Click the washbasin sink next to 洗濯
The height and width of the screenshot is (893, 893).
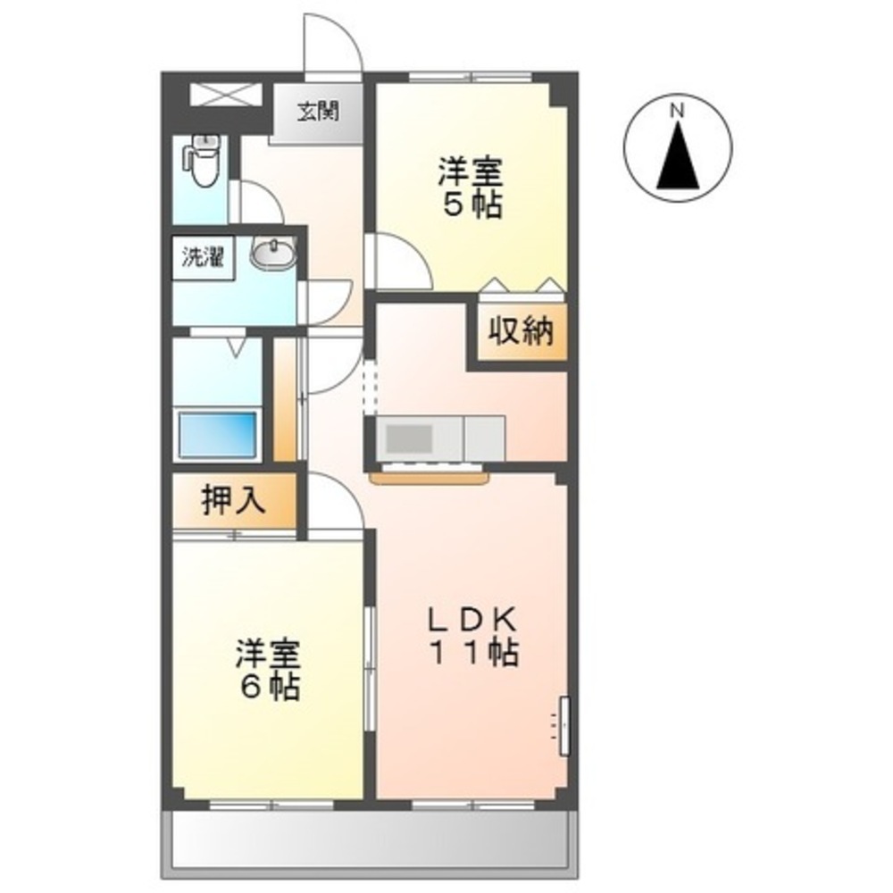pos(271,256)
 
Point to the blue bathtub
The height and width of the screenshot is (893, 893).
pos(219,434)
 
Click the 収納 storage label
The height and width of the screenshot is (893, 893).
pos(521,332)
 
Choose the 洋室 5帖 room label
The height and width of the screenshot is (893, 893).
pos(470,188)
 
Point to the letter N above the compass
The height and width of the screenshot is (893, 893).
pos(677,111)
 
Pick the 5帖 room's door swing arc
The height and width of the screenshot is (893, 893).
pos(399,259)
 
